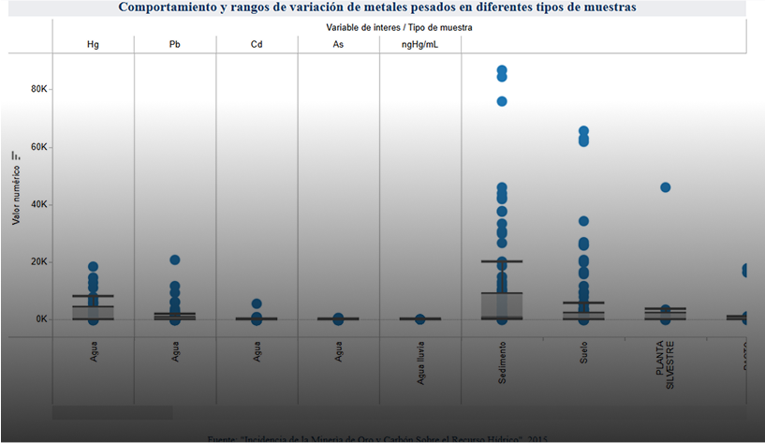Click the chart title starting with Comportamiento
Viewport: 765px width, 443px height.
point(376,7)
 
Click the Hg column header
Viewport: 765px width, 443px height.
point(93,44)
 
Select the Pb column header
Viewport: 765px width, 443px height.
point(175,44)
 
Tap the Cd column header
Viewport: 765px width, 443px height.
point(257,44)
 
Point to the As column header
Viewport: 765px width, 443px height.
point(338,44)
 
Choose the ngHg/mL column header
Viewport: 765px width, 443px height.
point(420,44)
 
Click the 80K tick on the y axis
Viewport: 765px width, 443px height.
point(38,89)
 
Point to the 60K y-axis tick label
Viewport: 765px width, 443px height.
point(38,147)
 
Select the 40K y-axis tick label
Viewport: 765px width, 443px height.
point(38,204)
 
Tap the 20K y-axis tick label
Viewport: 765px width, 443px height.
point(38,261)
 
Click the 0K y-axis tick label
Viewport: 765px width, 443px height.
point(40,319)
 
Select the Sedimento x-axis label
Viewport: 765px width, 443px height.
point(502,362)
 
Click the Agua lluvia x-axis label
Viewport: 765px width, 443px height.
point(420,363)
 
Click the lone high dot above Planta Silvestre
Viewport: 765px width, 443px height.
point(666,187)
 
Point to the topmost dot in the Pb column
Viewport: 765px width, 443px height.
point(175,260)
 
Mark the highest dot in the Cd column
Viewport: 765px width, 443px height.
point(257,304)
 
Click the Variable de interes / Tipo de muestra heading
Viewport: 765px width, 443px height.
point(400,28)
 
